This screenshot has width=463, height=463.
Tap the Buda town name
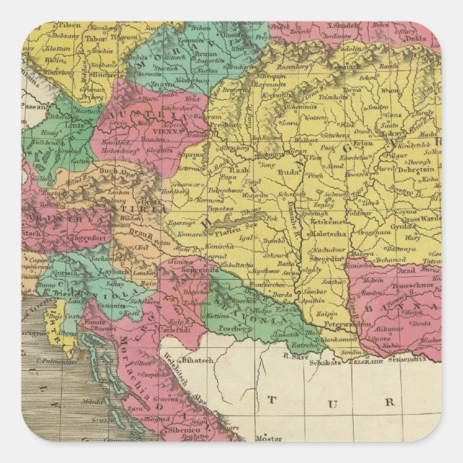[288, 173]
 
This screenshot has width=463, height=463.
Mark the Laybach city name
[113, 272]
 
